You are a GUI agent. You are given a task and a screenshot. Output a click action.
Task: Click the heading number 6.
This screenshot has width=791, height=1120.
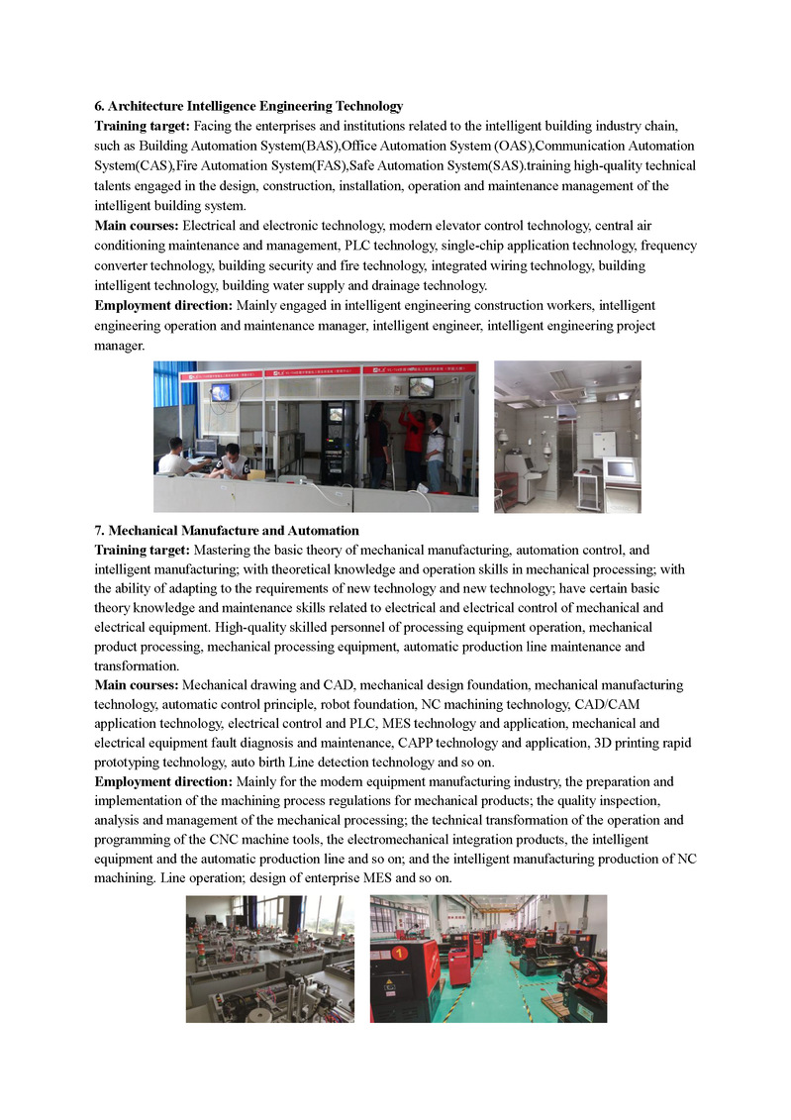[99, 106]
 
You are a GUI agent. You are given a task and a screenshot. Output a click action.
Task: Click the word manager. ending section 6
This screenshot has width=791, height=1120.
[119, 346]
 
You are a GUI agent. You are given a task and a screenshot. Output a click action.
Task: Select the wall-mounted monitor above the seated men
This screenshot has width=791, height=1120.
[220, 392]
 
